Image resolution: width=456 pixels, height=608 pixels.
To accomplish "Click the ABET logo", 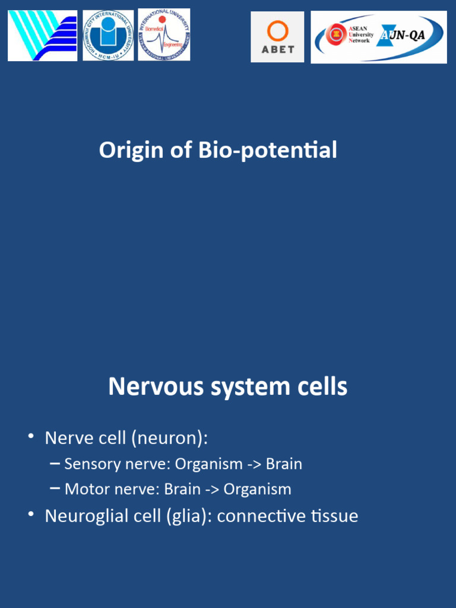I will (277, 37).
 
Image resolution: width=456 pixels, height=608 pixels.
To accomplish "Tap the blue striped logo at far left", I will (42, 36).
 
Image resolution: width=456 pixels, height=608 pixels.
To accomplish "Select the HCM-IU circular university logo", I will (108, 35).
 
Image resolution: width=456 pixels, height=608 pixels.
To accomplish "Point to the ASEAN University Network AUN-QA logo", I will (379, 37).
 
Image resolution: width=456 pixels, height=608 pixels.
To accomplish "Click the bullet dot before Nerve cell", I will (30, 437).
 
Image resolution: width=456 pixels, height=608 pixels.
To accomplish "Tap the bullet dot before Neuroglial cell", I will (30, 514).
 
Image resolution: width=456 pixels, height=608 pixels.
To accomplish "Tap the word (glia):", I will (186, 516).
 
